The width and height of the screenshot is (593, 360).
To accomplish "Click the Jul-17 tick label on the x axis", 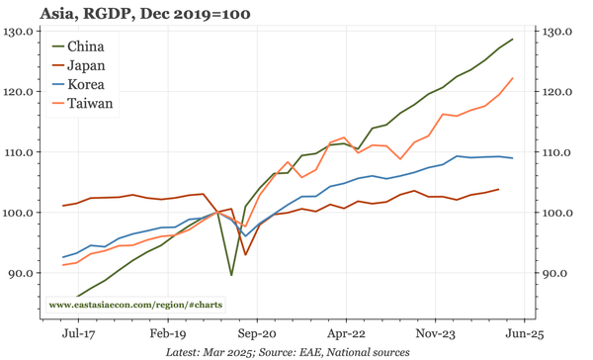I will coord(77,335).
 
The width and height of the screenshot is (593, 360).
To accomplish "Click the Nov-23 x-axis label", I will coord(434,335).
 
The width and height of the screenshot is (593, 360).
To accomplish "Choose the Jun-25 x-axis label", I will coord(523,335).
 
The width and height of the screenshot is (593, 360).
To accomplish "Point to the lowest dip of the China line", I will coord(231,275).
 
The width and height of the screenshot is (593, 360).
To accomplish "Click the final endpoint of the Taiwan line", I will coord(512,78).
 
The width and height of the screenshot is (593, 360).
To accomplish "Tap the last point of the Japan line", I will coord(498,189).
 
